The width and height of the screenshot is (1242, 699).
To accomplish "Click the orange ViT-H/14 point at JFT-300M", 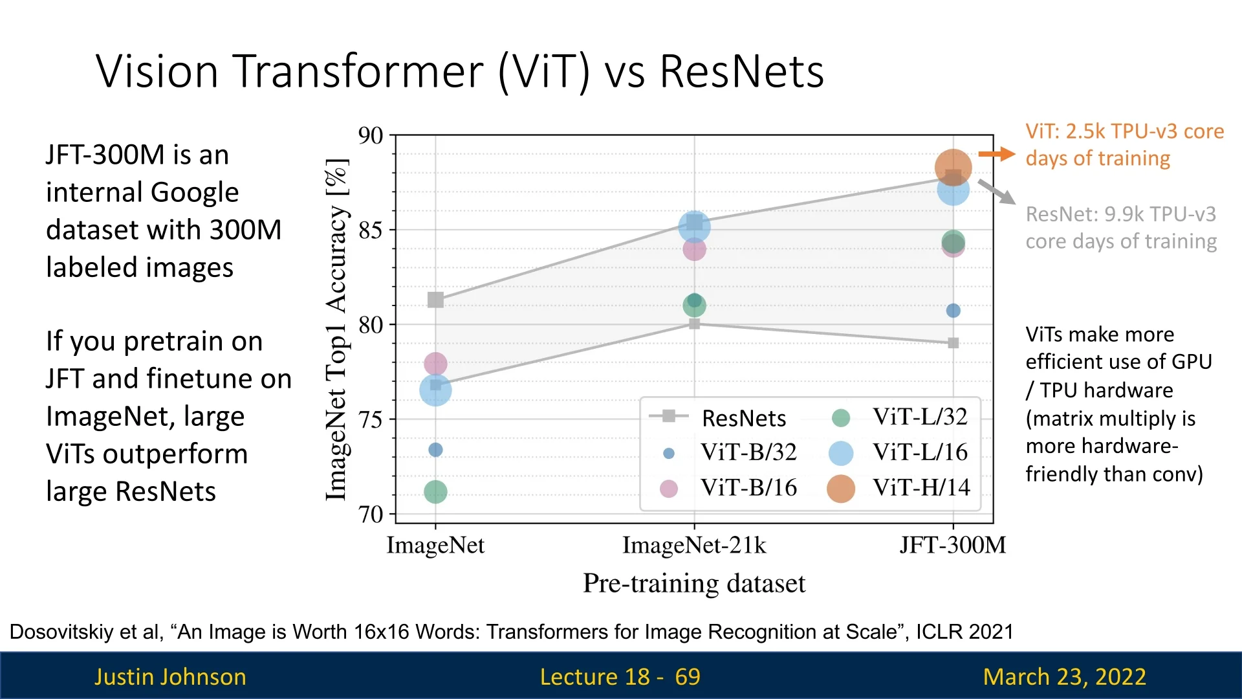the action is click(953, 167).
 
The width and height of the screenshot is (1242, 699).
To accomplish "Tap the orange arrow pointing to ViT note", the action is click(997, 154).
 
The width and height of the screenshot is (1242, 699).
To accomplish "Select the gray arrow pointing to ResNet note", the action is click(997, 192).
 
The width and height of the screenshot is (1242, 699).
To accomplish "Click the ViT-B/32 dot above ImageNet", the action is click(435, 450).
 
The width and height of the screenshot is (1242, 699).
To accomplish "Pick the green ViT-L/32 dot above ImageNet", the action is click(435, 492).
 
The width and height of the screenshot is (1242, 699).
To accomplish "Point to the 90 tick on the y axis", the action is click(371, 136).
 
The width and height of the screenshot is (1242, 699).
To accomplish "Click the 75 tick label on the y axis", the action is click(371, 419).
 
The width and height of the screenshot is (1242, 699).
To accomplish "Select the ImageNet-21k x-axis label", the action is click(694, 545).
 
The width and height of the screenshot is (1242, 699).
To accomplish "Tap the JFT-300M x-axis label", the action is click(953, 545).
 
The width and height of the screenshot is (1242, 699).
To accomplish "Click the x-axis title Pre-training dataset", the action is click(694, 583).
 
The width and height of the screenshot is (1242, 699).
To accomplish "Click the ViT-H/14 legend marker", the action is click(841, 489).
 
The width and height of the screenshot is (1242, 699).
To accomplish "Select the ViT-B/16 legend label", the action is click(749, 487).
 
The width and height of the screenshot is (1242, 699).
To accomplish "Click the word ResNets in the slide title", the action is click(742, 71).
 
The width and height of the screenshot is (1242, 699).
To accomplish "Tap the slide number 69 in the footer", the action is click(688, 676).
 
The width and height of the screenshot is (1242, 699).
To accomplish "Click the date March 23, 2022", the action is click(1065, 676).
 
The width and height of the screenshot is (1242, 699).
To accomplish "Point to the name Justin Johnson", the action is click(170, 676).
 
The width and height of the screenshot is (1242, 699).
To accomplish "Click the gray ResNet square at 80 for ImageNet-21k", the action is click(694, 324).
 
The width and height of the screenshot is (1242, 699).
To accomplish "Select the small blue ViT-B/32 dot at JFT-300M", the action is click(953, 311).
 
